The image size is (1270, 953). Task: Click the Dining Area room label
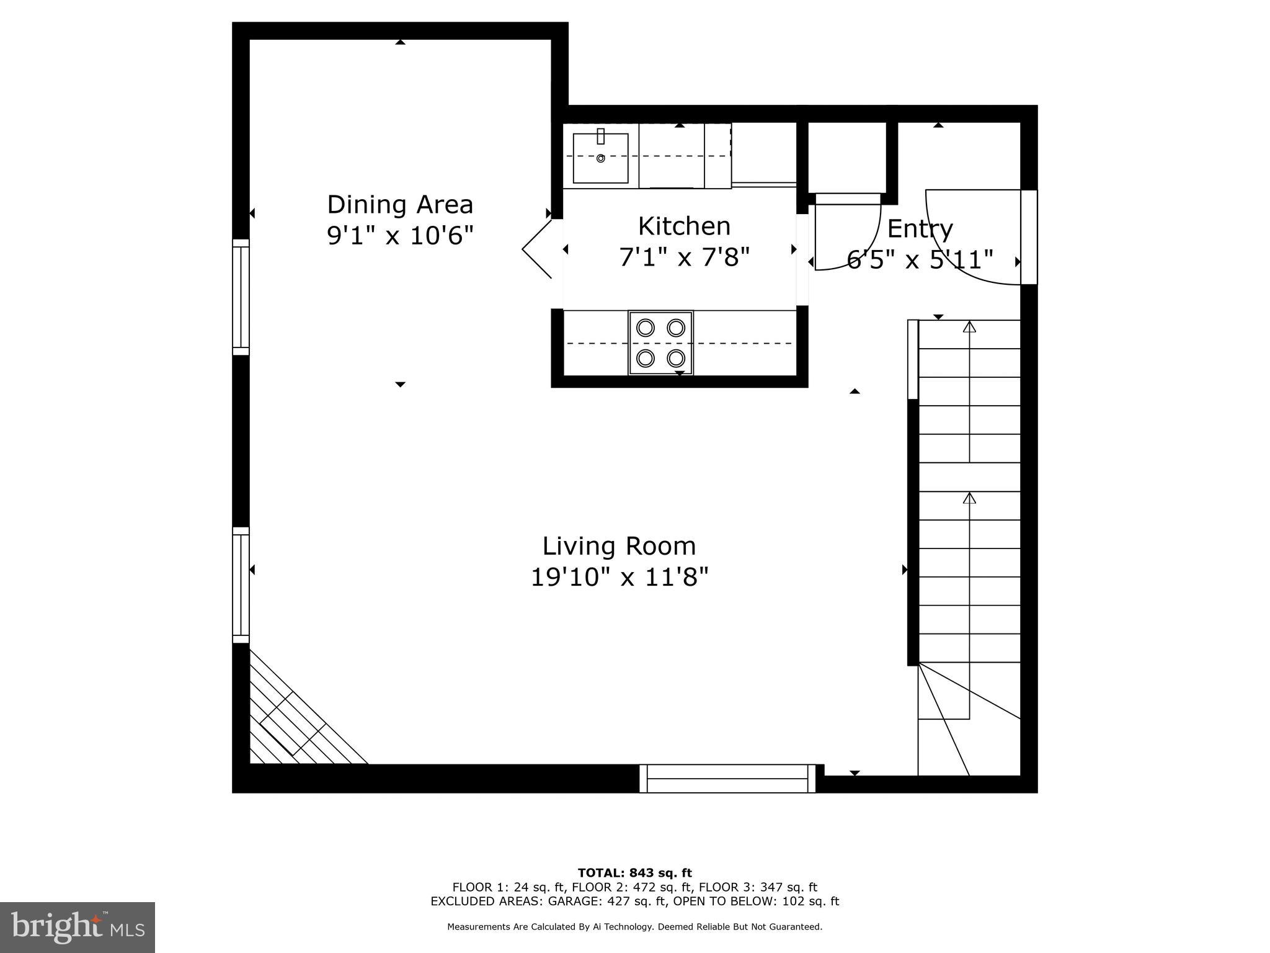point(400,205)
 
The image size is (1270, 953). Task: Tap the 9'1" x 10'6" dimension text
point(400,236)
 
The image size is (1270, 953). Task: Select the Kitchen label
point(684,226)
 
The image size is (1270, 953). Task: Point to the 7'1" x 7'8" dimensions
point(684,257)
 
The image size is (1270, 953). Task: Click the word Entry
point(920,229)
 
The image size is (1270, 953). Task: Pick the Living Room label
point(619,546)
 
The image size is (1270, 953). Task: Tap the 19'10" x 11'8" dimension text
point(619,578)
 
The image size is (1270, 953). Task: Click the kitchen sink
point(600,158)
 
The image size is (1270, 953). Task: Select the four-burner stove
point(660,343)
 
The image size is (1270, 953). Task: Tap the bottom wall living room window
point(727,779)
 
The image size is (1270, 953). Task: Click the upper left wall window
point(241,297)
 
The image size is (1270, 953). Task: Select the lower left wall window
point(241,585)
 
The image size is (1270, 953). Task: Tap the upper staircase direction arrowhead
point(969,326)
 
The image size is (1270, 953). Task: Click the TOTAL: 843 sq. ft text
point(634,873)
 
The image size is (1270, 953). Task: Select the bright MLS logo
point(78,927)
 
